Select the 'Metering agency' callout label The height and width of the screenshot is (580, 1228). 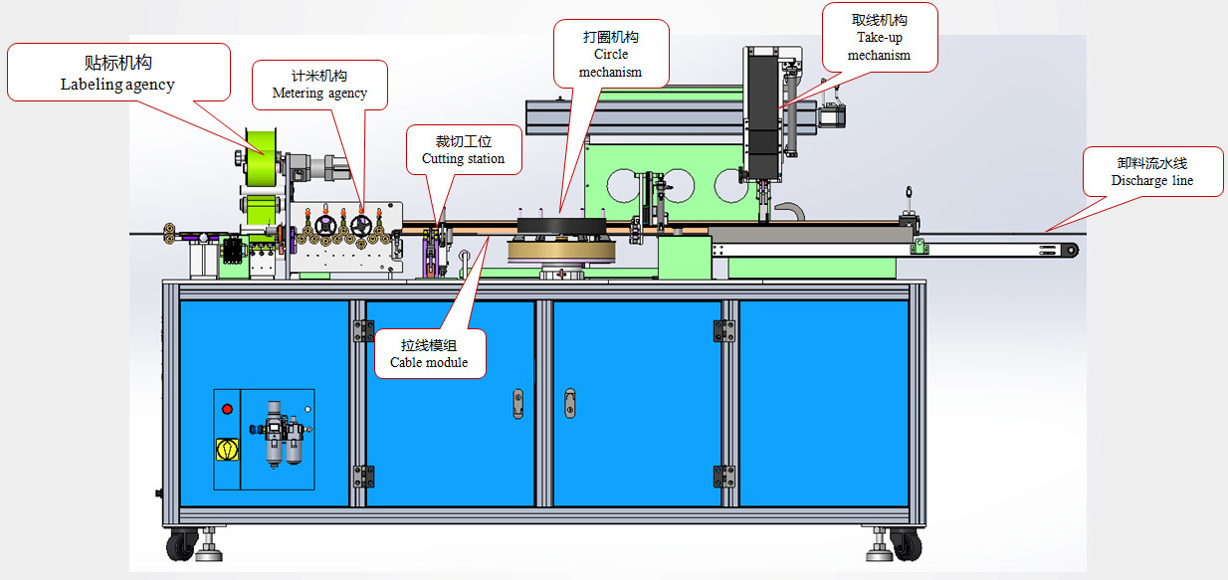click(319, 85)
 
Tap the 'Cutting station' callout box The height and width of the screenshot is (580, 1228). click(463, 150)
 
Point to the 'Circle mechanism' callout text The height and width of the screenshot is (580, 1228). click(610, 54)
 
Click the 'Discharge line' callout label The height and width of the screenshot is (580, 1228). click(1151, 171)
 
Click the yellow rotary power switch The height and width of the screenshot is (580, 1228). click(227, 449)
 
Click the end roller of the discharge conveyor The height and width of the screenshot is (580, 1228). click(1070, 251)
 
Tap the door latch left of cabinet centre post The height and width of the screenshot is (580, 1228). click(517, 402)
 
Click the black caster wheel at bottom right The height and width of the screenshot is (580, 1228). click(906, 544)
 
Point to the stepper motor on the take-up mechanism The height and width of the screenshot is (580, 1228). click(831, 115)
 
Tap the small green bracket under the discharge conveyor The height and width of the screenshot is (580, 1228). click(921, 246)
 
